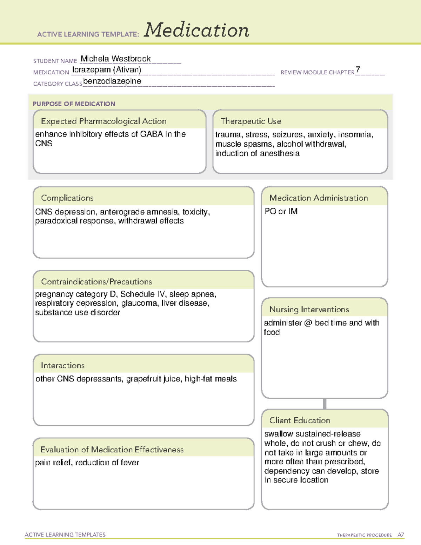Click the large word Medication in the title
[x=196, y=30]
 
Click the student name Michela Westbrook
[x=115, y=59]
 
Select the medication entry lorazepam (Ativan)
[x=107, y=70]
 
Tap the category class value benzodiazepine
[x=112, y=81]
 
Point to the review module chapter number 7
[x=357, y=69]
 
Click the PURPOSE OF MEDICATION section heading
[x=74, y=104]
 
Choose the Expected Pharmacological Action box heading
[x=103, y=121]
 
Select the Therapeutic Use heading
[x=250, y=121]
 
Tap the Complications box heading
[x=67, y=198]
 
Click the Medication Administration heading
[x=318, y=198]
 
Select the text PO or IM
[x=281, y=211]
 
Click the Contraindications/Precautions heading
[x=96, y=281]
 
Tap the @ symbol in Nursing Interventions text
[x=308, y=323]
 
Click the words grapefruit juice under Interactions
[x=153, y=379]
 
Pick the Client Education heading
[x=300, y=420]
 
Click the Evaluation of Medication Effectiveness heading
[x=112, y=450]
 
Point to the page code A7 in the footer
[x=401, y=535]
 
